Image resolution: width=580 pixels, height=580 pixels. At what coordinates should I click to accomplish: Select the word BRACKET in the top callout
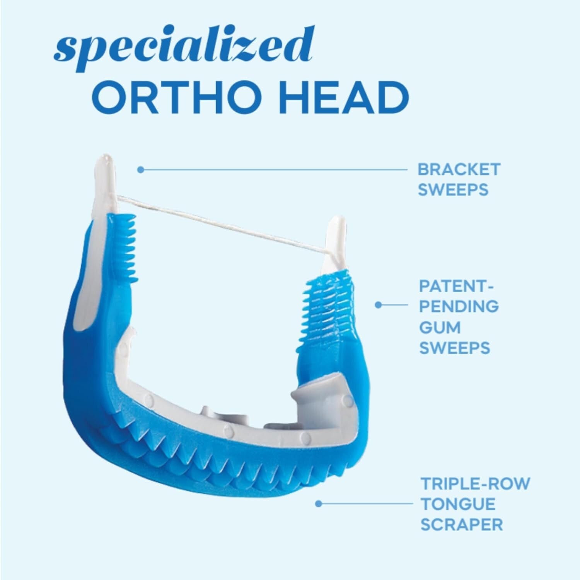(x=459, y=169)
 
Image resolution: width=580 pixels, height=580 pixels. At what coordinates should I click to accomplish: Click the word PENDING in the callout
(x=459, y=307)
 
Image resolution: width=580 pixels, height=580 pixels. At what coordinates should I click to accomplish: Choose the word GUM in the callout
(x=440, y=327)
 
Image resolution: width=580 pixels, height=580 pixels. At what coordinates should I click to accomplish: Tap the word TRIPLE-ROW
(x=475, y=484)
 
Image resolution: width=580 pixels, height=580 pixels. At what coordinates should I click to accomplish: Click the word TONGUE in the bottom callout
(x=458, y=504)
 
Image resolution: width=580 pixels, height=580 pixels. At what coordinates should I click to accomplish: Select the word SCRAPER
(x=462, y=525)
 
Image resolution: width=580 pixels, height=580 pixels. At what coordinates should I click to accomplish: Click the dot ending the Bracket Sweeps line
(x=141, y=169)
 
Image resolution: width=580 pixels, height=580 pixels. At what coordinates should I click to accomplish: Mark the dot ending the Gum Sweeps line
(x=379, y=305)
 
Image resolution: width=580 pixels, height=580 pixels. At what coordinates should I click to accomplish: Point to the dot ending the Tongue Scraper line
(x=319, y=503)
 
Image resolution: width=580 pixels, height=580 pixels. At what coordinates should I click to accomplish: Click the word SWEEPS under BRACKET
(x=453, y=190)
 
